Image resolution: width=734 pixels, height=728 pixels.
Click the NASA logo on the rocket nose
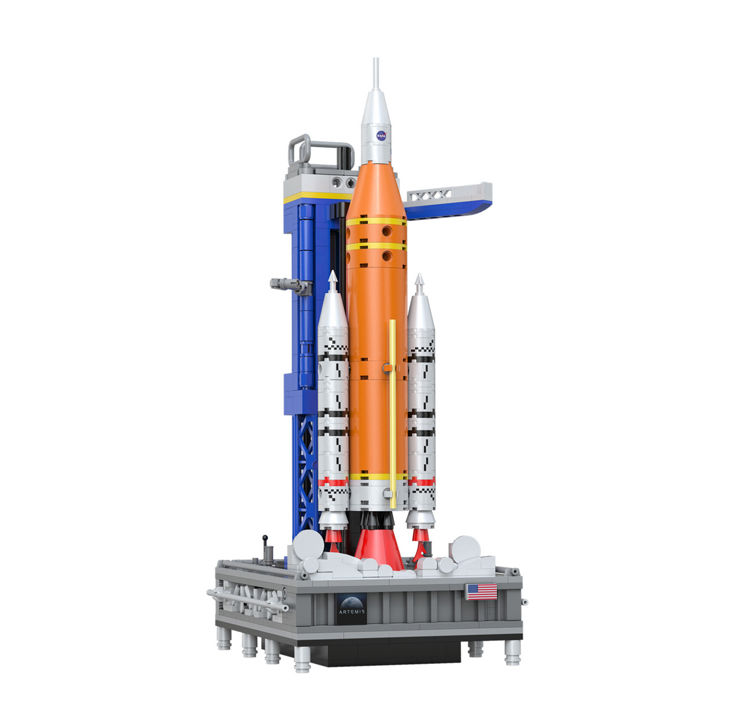pyautogui.click(x=382, y=135)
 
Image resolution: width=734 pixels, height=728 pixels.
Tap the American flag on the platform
pyautogui.click(x=481, y=591)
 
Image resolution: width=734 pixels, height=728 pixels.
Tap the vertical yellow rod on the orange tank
pyautogui.click(x=392, y=411)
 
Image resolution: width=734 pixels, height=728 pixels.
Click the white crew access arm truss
pyautogui.click(x=429, y=195)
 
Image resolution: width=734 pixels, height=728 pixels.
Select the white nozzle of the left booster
pyautogui.click(x=331, y=520)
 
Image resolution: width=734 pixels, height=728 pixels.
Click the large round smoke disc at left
pyautogui.click(x=308, y=546)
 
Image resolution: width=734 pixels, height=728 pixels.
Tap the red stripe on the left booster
pyautogui.click(x=334, y=482)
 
